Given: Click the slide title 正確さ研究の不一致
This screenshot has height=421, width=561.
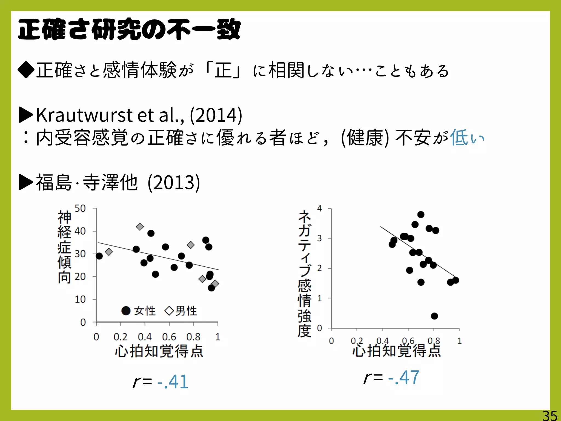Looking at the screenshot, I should click(x=129, y=30).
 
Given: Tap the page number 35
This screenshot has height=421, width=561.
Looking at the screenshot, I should click(x=549, y=416).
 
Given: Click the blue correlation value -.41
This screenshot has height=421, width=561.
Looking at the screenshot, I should click(x=173, y=382).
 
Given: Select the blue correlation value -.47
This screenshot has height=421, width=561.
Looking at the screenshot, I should click(x=404, y=377).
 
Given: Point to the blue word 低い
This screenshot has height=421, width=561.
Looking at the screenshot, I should click(x=467, y=138).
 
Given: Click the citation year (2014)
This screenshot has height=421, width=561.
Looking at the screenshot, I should click(x=216, y=115).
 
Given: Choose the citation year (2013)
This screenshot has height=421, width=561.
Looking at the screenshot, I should click(x=174, y=183).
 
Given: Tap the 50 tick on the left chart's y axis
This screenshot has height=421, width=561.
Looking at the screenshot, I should click(x=80, y=208).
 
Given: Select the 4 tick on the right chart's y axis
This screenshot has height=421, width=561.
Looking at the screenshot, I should click(x=319, y=208).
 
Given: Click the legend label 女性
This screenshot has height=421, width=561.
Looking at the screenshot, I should click(x=145, y=311).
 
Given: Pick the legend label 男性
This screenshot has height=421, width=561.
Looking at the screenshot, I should click(x=186, y=311).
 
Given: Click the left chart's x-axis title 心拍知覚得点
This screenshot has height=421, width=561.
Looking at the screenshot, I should click(x=159, y=351).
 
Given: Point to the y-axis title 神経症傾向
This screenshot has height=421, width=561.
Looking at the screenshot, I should click(x=65, y=247).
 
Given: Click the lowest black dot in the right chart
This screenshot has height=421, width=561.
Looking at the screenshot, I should click(x=434, y=316).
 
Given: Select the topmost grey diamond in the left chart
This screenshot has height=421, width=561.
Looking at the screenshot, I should click(x=140, y=227).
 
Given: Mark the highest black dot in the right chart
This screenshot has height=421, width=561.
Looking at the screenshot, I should click(x=421, y=214).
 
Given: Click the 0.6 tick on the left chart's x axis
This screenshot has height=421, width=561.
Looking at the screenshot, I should click(x=169, y=337).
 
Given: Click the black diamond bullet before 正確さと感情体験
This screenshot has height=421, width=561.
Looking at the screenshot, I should click(x=26, y=70).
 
